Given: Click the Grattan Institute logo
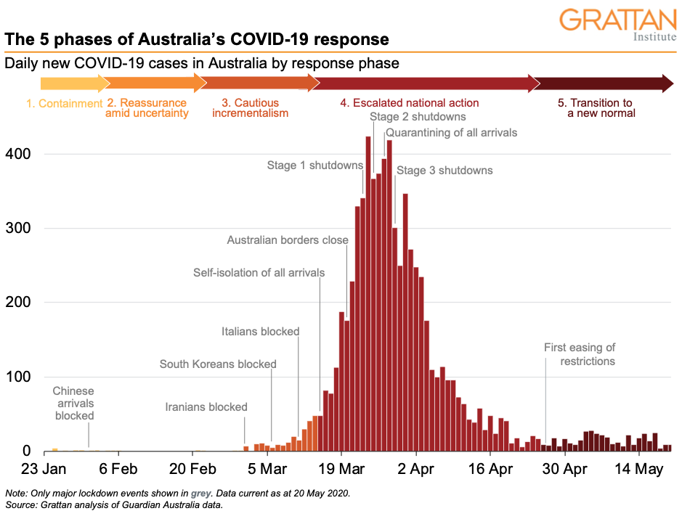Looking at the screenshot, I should tap(618, 25).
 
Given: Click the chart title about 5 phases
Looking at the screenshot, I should tap(197, 38).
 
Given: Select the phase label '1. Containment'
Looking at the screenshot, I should tap(65, 104).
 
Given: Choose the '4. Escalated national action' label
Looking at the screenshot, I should tap(410, 103).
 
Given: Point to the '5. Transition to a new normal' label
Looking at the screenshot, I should tap(601, 108).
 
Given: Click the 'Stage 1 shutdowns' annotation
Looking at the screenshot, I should tap(314, 165).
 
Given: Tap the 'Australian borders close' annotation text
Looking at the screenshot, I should tap(288, 240).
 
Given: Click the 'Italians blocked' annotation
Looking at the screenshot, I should tap(260, 332).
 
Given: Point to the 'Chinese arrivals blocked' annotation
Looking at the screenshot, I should tap(73, 404).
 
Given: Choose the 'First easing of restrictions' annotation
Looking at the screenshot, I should tap(580, 354).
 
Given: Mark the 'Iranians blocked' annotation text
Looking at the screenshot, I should tap(206, 407).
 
